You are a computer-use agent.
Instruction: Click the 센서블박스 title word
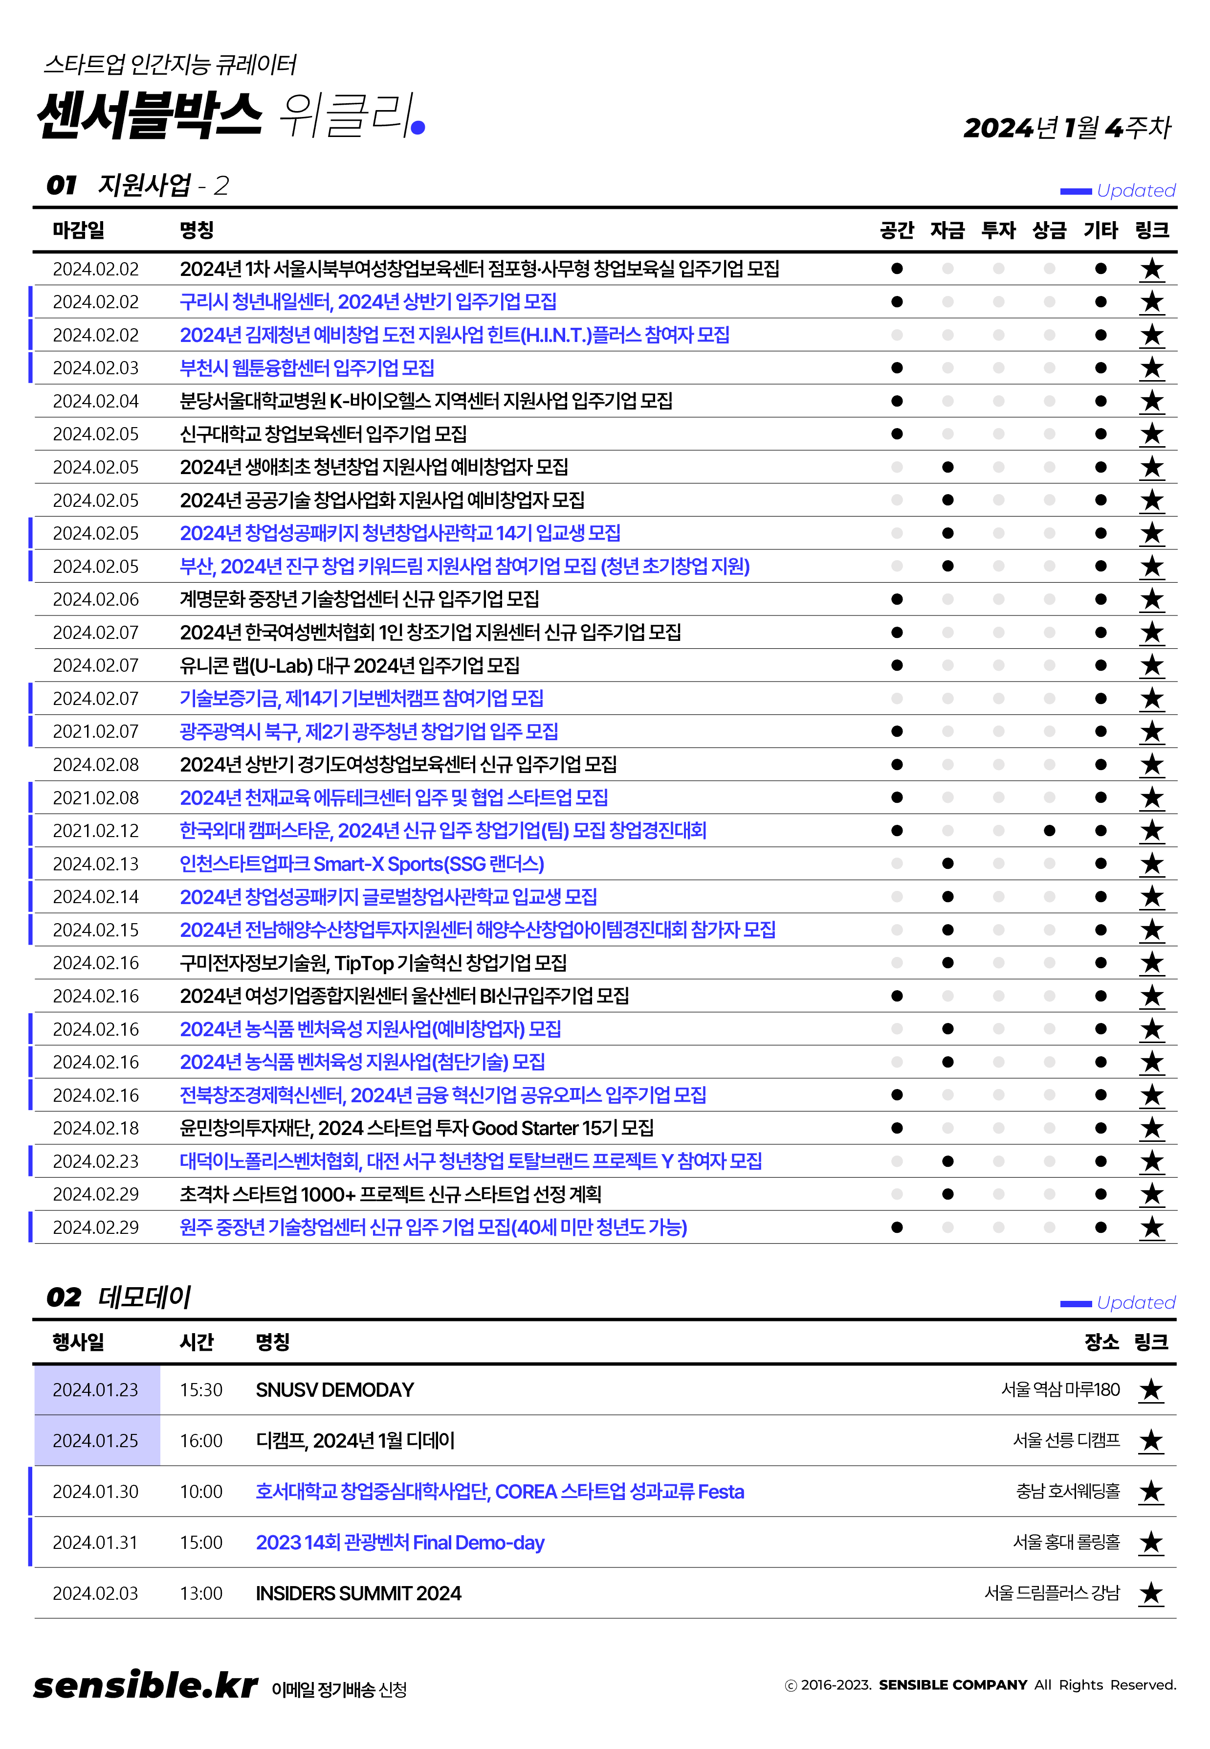[x=149, y=115]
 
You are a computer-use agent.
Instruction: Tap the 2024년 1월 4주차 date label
[x=1067, y=127]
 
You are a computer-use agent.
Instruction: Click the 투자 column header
[x=998, y=230]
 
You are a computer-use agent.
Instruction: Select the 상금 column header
[x=1049, y=230]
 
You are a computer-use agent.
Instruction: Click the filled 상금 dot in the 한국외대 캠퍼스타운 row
[x=1049, y=831]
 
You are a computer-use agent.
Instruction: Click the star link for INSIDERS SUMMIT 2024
[x=1151, y=1593]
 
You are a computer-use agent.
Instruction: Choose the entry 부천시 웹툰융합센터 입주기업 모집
[x=307, y=368]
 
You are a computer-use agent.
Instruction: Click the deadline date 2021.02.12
[x=95, y=831]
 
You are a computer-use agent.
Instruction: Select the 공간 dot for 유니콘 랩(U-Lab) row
[x=897, y=665]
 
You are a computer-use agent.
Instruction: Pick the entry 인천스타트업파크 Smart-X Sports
[x=362, y=864]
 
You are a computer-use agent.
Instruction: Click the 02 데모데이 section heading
[x=119, y=1297]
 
